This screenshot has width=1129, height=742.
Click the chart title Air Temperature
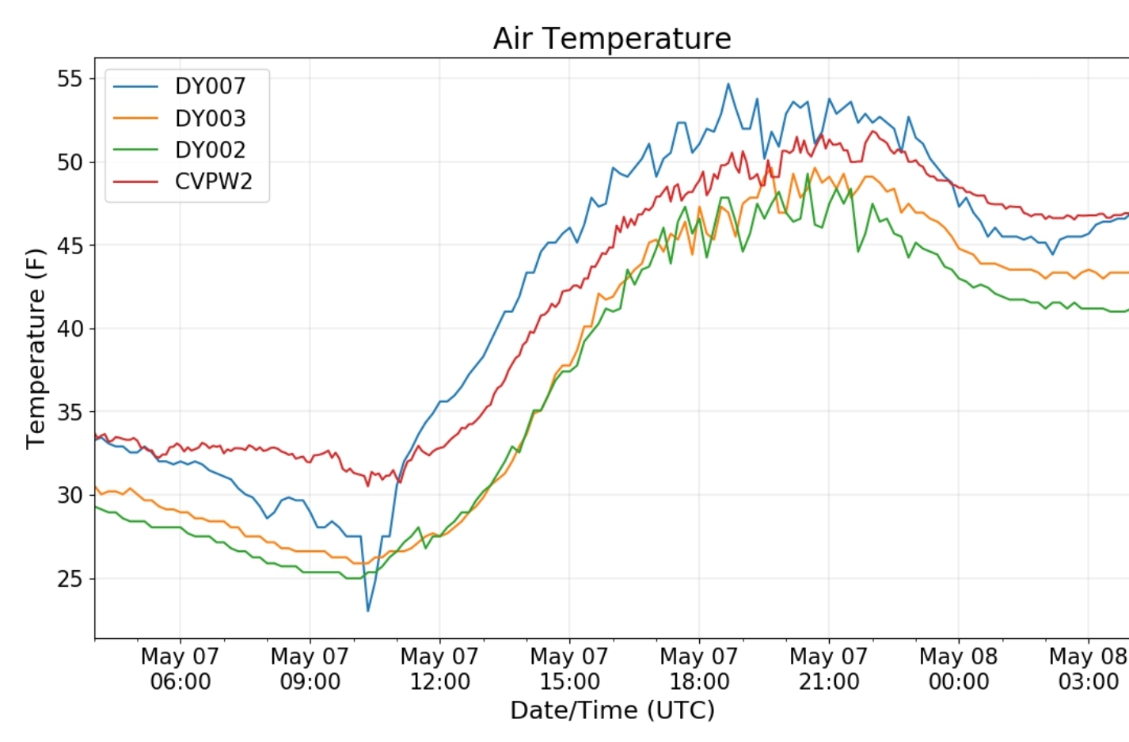611,38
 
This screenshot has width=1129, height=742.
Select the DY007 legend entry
210,86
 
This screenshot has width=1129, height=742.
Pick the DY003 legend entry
210,118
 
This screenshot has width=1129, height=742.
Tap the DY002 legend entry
210,150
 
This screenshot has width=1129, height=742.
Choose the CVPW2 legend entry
213,181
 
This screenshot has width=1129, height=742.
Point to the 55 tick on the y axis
70,78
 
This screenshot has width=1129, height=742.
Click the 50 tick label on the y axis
70,162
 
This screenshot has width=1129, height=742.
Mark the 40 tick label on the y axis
70,329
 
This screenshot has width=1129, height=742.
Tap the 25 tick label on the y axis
70,579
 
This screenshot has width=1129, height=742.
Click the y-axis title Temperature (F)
36,348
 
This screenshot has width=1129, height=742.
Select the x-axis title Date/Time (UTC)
612,710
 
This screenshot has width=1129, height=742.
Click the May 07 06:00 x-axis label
180,668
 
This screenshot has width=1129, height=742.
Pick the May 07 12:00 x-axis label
439,668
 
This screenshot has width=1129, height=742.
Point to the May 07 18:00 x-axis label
699,668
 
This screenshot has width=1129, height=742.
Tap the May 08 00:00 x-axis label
958,668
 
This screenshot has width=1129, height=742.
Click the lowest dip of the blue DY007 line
367,611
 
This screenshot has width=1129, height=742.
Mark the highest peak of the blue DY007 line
728,84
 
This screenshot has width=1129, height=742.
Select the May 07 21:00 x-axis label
829,668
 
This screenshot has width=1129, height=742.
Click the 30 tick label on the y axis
70,496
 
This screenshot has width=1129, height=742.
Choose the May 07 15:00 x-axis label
569,668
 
